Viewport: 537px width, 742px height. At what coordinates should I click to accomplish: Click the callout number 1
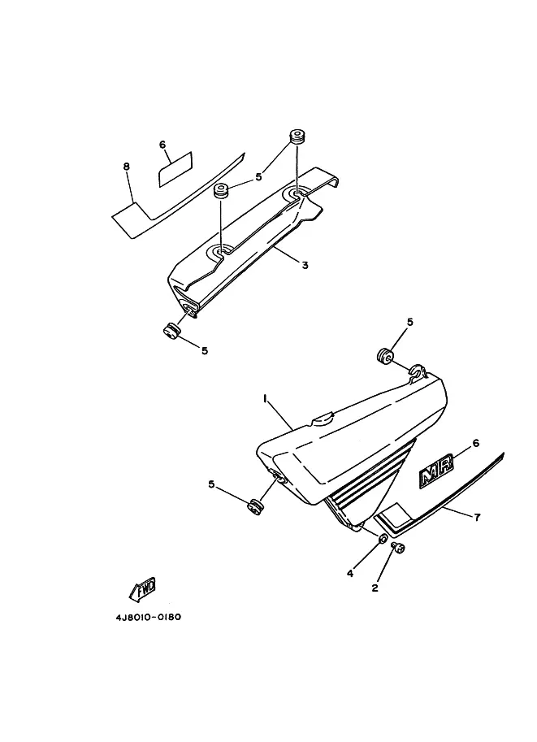click(265, 398)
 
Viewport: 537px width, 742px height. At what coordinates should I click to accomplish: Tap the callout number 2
click(375, 588)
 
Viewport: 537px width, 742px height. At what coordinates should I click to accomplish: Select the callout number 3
click(305, 265)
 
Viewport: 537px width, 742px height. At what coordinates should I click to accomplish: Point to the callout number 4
click(350, 573)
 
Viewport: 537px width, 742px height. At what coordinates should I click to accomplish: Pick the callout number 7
click(477, 517)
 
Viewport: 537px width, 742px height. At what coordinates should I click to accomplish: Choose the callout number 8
click(127, 167)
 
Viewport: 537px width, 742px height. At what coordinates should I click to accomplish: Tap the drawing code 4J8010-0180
click(148, 617)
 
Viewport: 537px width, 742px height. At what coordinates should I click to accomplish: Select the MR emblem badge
click(438, 474)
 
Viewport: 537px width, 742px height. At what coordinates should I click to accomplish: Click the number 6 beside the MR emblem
click(476, 443)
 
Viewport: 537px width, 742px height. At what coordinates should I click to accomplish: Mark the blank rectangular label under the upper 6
click(175, 167)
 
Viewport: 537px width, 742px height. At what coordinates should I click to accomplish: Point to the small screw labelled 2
click(399, 550)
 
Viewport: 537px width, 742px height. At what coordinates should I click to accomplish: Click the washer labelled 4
click(382, 540)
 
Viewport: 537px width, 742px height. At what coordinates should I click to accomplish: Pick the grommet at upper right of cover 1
click(384, 355)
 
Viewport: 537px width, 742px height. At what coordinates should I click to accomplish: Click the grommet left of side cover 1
click(257, 506)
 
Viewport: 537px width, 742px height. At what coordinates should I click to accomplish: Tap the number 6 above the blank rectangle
click(162, 145)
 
